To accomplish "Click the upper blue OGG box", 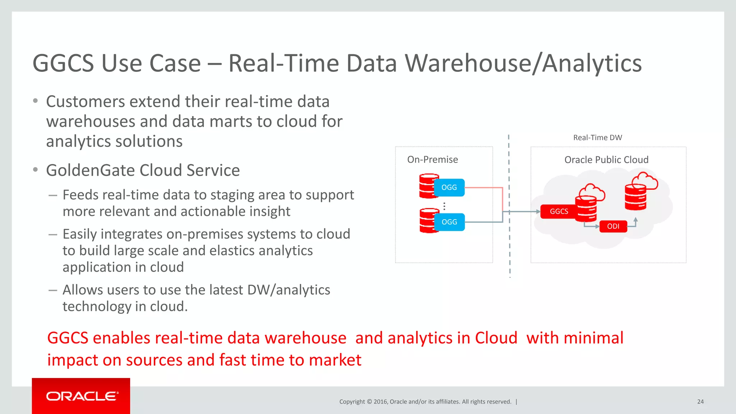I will [x=449, y=188].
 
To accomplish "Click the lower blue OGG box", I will [x=449, y=222].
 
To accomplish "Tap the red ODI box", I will [x=613, y=226].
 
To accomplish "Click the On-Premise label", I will [x=432, y=160].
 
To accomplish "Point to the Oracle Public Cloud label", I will [x=606, y=160].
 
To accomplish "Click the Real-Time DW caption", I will [x=597, y=138].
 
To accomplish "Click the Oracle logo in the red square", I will [x=81, y=396].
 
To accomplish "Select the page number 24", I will [x=700, y=402].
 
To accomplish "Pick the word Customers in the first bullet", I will [x=85, y=102].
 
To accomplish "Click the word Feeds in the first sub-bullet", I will [x=80, y=195].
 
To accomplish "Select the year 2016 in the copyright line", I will [x=380, y=402].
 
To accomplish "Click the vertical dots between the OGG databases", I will [x=444, y=206].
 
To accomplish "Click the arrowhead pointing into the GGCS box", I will [x=538, y=212].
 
